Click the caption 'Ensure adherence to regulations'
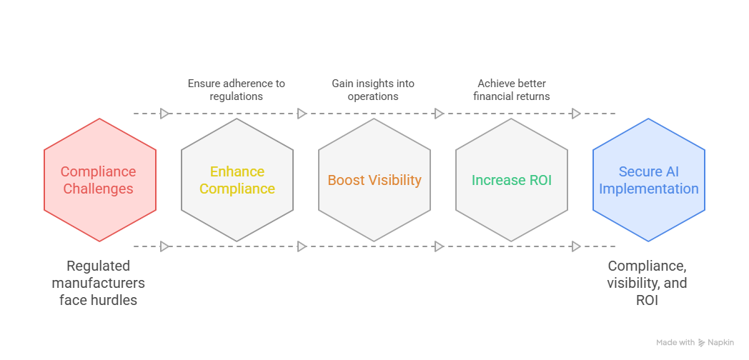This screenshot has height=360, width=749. point(237,89)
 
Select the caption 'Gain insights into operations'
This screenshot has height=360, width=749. point(373,89)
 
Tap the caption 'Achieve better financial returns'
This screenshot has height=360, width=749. point(512,89)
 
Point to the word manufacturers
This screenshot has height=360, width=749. point(99,283)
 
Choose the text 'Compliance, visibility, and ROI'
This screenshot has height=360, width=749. point(648,283)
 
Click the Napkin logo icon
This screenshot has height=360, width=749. point(702,343)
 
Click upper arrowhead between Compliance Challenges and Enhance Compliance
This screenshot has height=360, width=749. point(165,113)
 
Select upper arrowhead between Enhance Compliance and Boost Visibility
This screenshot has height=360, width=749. point(302,113)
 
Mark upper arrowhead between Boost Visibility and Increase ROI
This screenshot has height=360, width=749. point(440,113)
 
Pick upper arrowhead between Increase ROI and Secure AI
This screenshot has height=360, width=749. point(577,113)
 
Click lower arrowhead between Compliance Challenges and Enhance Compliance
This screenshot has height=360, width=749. point(165,246)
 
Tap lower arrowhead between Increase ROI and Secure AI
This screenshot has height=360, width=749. point(577,246)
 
